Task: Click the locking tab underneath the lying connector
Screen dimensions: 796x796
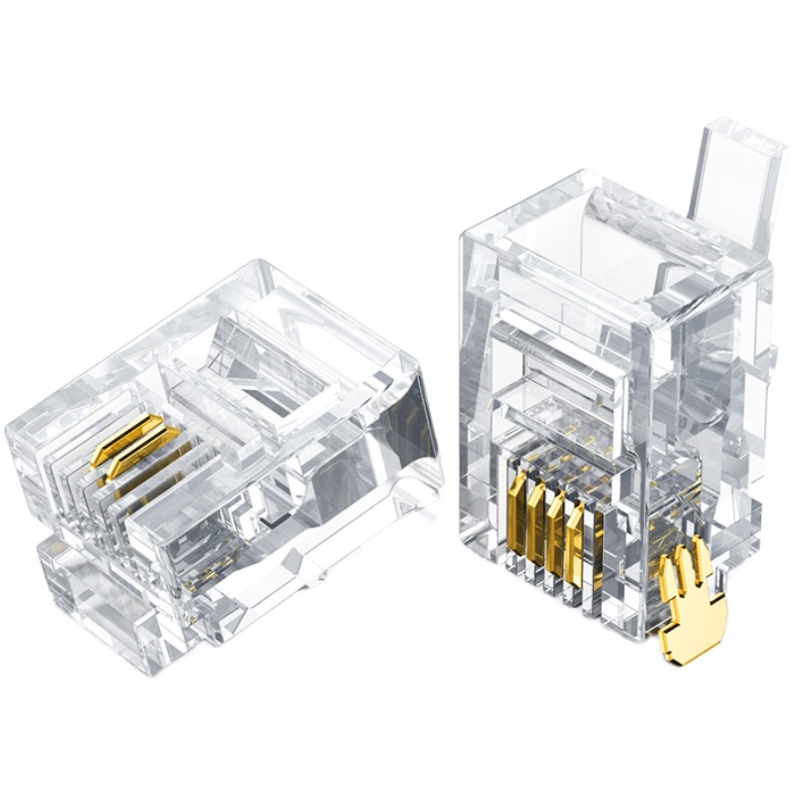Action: (x=90, y=587)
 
